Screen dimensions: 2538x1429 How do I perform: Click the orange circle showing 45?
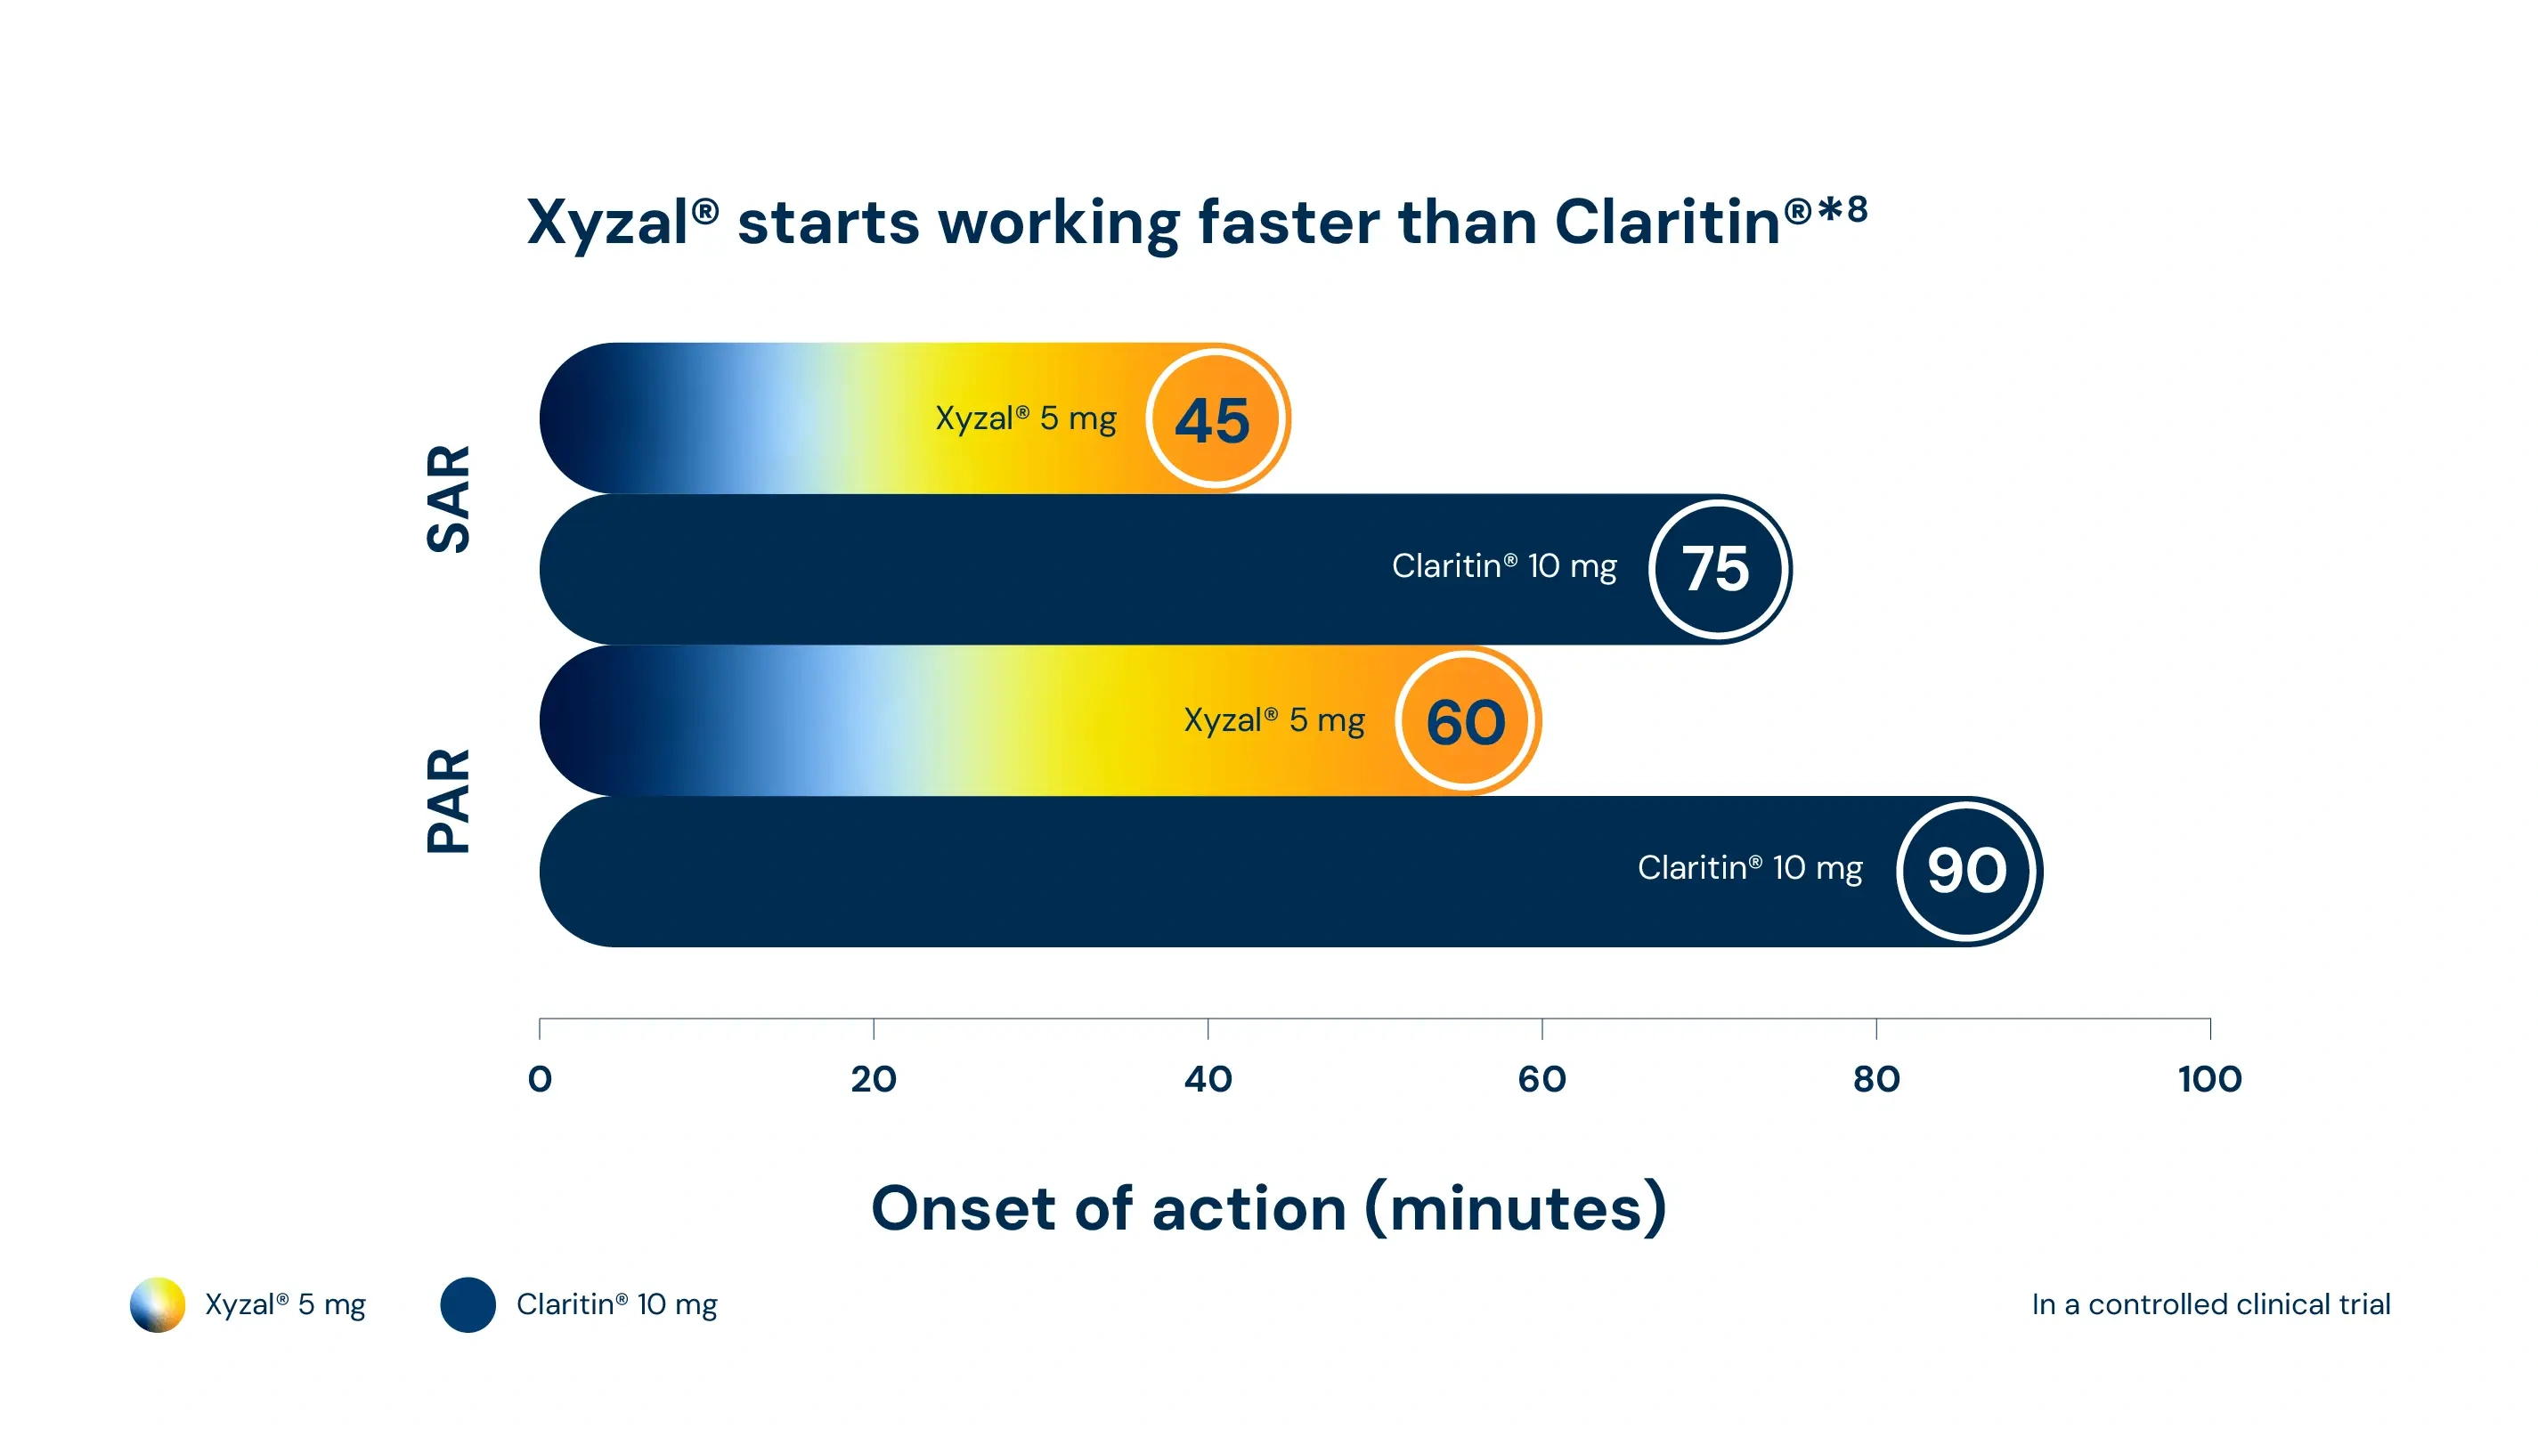[1216, 418]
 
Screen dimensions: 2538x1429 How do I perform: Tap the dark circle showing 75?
[1719, 569]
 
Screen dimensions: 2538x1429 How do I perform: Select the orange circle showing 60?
[1467, 721]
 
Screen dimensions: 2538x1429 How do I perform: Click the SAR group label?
[450, 499]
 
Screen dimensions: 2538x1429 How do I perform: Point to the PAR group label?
[450, 800]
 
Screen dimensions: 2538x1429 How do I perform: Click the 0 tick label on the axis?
[540, 1079]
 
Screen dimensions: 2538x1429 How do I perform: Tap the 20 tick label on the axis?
[874, 1079]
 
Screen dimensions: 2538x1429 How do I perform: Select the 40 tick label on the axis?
[1208, 1079]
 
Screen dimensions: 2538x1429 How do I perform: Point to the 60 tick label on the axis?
[1542, 1079]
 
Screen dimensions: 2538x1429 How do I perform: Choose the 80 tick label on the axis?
[1876, 1079]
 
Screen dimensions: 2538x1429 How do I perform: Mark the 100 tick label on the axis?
[2210, 1079]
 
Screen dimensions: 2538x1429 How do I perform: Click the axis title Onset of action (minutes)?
[1269, 1209]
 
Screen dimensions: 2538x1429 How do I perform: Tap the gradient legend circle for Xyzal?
[158, 1305]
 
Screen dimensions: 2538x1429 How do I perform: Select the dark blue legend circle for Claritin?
[468, 1305]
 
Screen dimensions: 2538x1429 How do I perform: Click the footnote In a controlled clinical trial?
[2211, 1305]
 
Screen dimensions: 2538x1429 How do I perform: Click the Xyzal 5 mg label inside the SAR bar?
[1026, 419]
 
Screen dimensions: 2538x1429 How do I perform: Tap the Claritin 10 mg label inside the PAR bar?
[1750, 869]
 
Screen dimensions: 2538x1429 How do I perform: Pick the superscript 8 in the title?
[1858, 209]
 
